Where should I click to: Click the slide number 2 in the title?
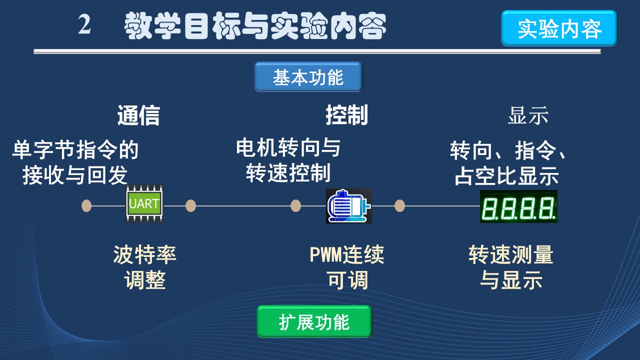[x=84, y=25]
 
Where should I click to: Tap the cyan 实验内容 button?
[x=559, y=29]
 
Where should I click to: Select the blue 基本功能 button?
[x=308, y=77]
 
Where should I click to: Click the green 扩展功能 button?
[x=314, y=322]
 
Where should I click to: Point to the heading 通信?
[x=138, y=115]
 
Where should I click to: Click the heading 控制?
[x=346, y=115]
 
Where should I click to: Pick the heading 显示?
[x=528, y=115]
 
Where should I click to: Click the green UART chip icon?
[x=144, y=204]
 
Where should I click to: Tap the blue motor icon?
[x=348, y=205]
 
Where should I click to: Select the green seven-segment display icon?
[x=518, y=206]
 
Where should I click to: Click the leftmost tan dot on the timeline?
[x=86, y=205]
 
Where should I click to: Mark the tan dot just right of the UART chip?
[x=190, y=205]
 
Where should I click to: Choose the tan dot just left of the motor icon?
[x=295, y=205]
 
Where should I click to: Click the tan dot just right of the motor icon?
[x=399, y=205]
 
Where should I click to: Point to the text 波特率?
[x=144, y=255]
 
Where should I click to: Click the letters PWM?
[x=325, y=255]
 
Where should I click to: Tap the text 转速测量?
[x=511, y=255]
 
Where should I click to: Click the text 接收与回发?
[x=75, y=175]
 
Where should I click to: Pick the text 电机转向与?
[x=288, y=148]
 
